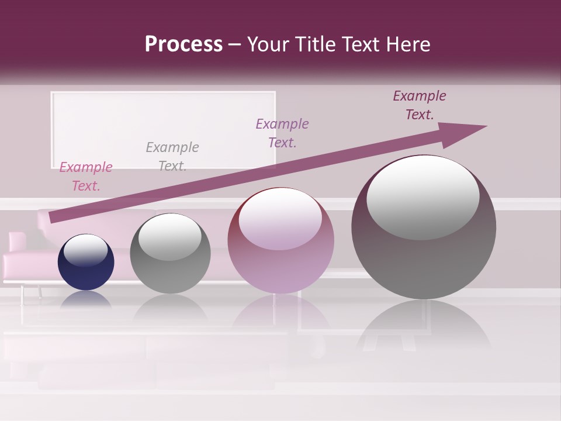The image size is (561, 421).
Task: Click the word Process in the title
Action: pos(183,44)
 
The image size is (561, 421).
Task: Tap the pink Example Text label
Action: pos(86,177)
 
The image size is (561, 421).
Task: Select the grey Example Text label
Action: pos(172,156)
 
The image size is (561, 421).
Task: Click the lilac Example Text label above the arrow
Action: pos(282,133)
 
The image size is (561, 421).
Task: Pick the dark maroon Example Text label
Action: pos(420,105)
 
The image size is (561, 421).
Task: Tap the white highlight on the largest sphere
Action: pos(423,198)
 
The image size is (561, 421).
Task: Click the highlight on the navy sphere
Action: pos(86,250)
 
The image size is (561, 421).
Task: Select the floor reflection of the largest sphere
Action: pos(424,325)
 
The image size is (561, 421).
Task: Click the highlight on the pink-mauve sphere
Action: pos(280,219)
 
